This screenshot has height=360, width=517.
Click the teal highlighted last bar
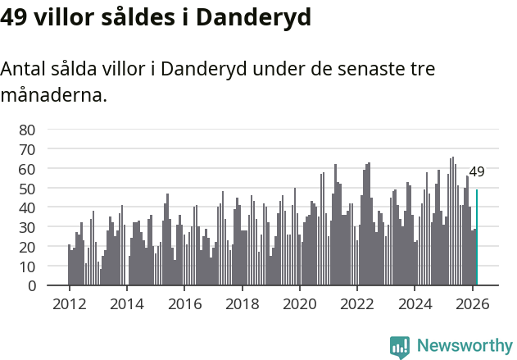(x=477, y=238)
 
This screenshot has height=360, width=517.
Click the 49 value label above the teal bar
(x=477, y=172)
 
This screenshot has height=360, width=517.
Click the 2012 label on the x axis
(x=69, y=303)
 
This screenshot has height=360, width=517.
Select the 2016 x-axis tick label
(x=184, y=303)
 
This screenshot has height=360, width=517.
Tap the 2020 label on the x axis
(x=299, y=303)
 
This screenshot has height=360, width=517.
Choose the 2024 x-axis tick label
(x=415, y=303)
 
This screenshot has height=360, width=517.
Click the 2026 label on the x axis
(x=473, y=303)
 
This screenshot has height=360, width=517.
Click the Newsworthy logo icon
(x=400, y=346)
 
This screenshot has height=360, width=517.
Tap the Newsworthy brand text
(x=464, y=346)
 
